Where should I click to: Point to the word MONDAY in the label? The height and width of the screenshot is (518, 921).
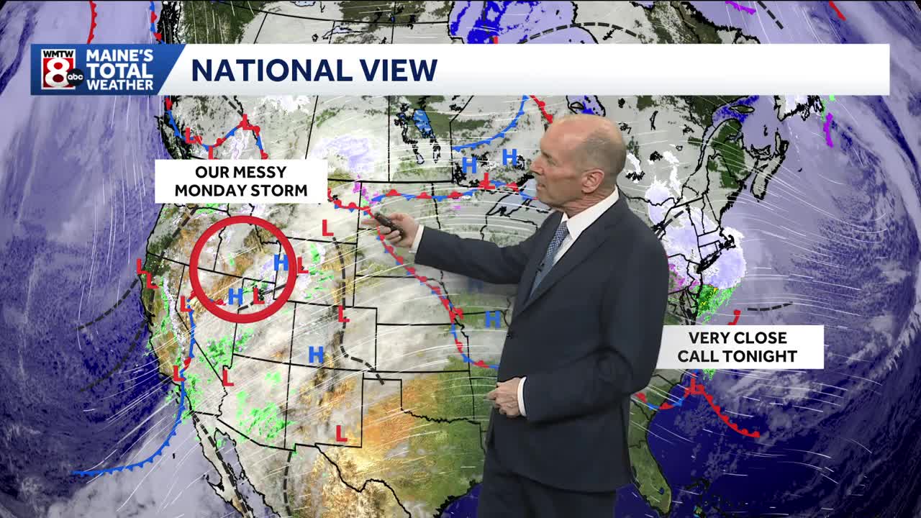click(209, 191)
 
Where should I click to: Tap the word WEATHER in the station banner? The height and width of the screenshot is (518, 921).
click(120, 84)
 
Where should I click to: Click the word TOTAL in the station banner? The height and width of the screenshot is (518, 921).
click(120, 71)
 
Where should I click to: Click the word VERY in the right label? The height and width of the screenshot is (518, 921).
click(708, 338)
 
